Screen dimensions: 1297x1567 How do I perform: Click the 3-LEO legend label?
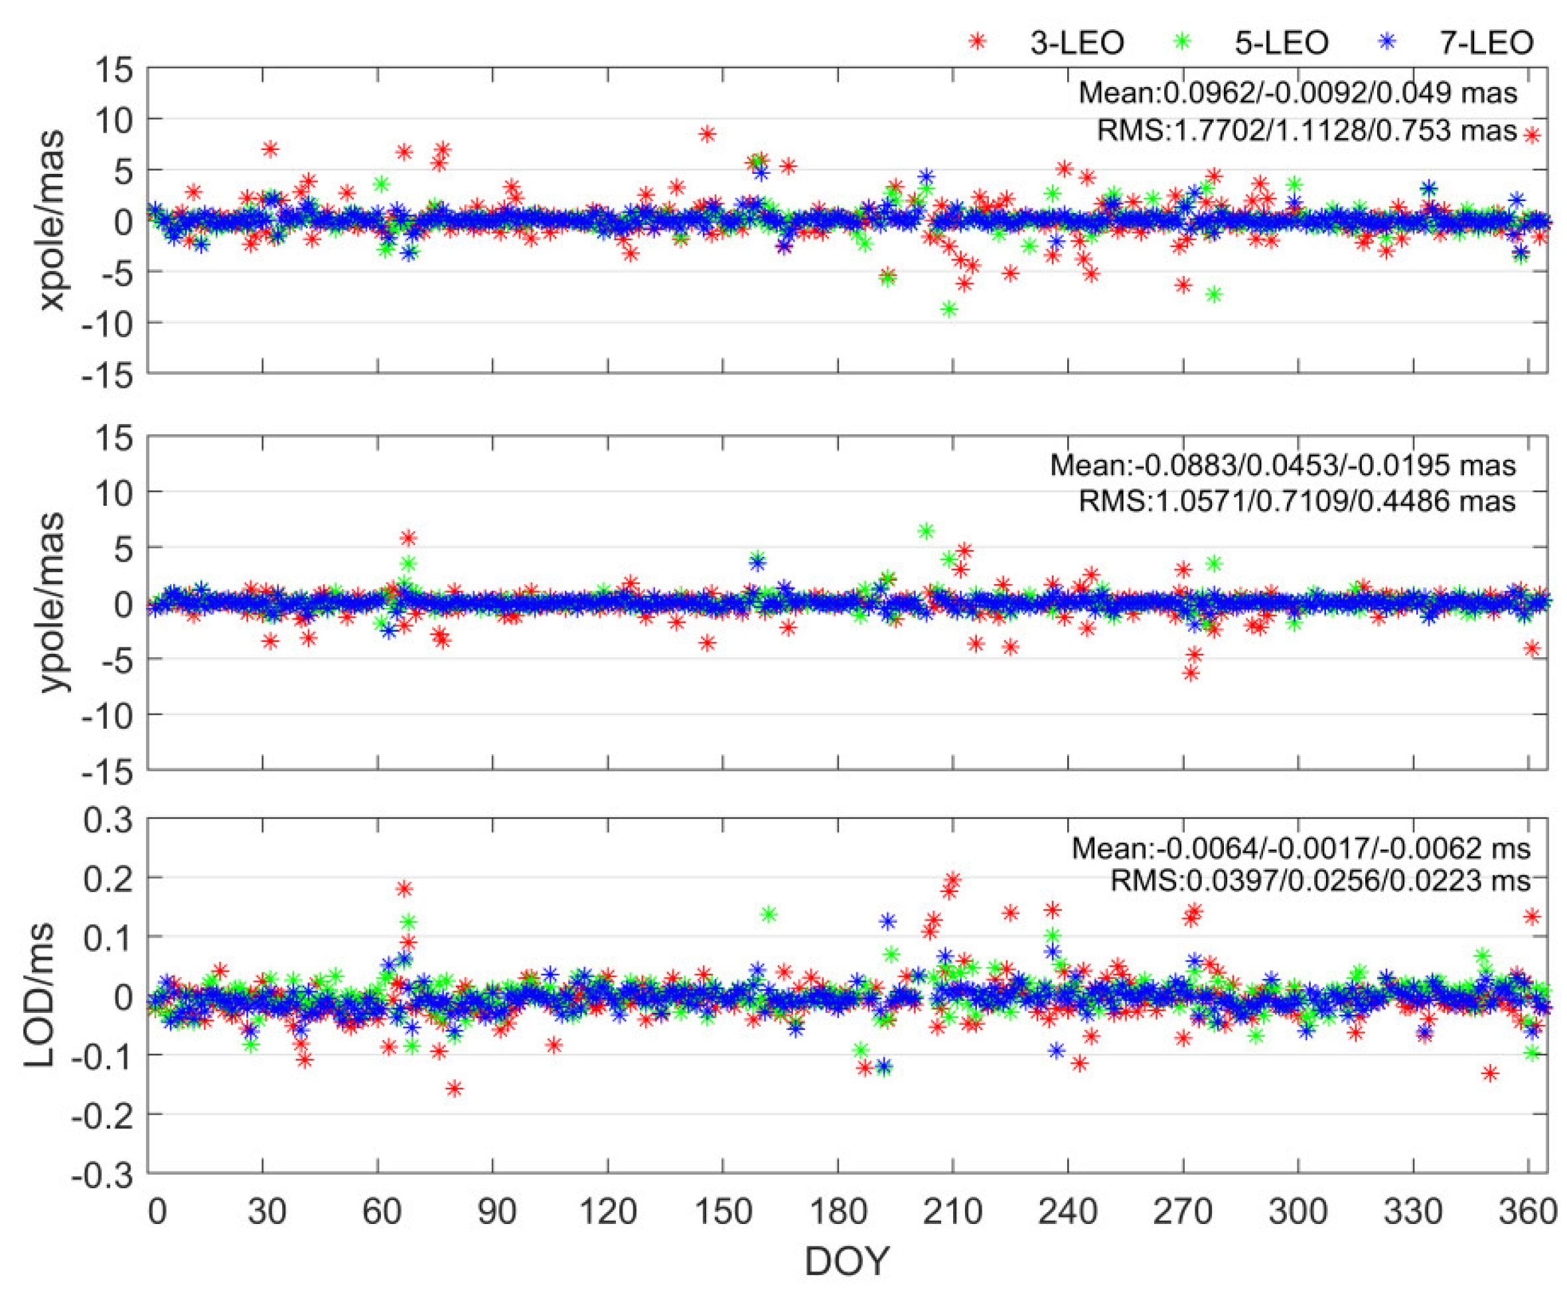(x=1076, y=42)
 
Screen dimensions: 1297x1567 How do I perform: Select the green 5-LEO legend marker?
(x=1181, y=42)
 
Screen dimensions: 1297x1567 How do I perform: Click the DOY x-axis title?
(x=847, y=1262)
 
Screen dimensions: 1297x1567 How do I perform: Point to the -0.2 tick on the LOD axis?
(x=102, y=1115)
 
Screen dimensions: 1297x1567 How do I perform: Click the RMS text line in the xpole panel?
(x=1307, y=131)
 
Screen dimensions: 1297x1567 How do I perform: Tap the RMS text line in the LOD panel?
(x=1320, y=881)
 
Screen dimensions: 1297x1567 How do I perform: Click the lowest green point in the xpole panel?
(x=948, y=309)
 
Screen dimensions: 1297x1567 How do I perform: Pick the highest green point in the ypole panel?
(x=926, y=531)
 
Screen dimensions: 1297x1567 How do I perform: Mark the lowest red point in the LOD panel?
(x=454, y=1089)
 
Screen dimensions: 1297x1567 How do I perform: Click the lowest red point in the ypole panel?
(x=1191, y=674)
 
